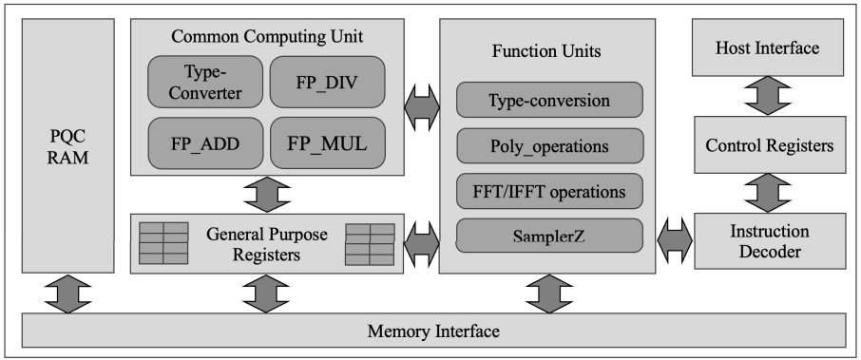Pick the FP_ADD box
click(205, 144)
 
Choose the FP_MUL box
click(327, 144)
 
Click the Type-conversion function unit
click(549, 100)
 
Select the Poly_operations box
click(549, 146)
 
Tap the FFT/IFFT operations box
click(549, 191)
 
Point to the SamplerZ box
click(549, 234)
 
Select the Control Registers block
click(769, 145)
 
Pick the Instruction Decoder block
click(769, 241)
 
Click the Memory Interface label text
click(433, 332)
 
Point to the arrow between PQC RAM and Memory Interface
click(67, 294)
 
